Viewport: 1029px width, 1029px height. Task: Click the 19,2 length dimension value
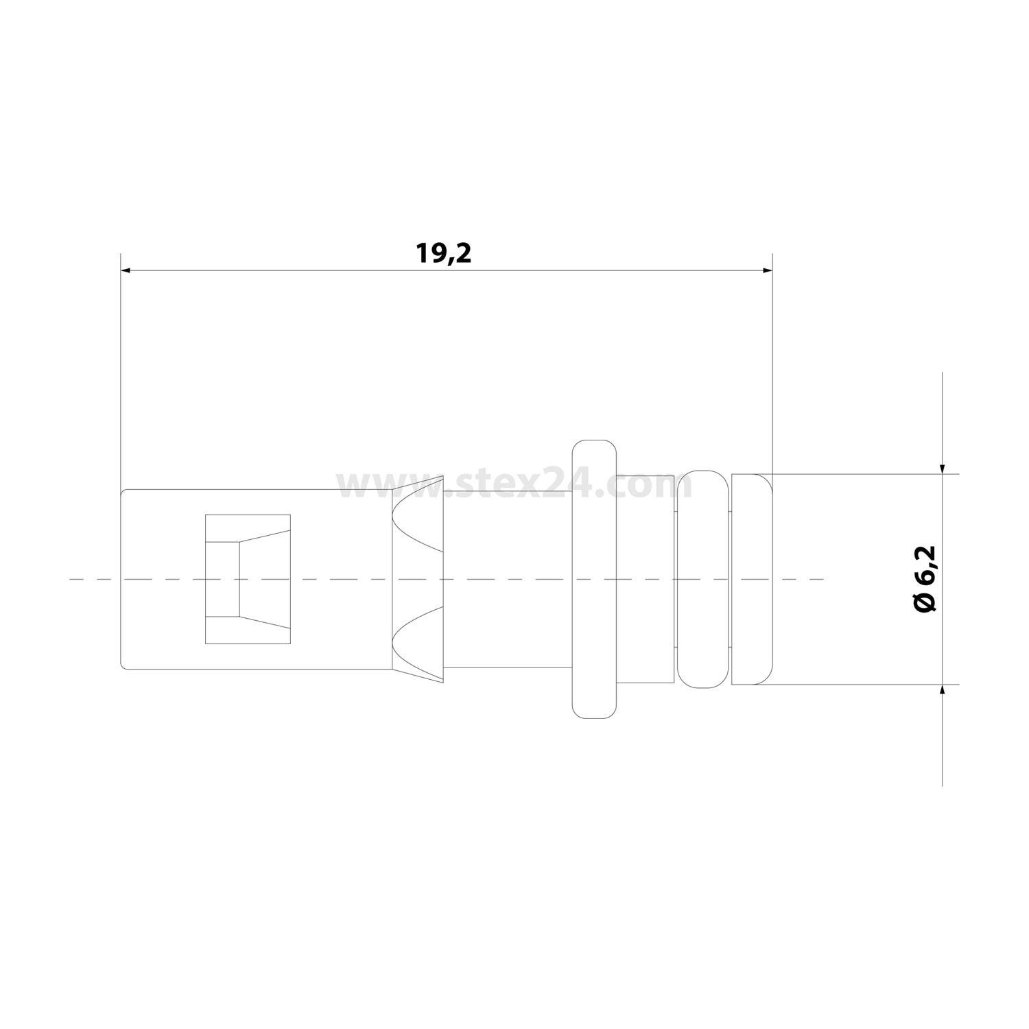(x=444, y=253)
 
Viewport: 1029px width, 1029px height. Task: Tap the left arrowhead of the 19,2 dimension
(x=126, y=270)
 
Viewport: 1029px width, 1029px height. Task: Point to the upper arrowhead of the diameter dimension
(x=943, y=468)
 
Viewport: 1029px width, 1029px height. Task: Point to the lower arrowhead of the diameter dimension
(x=943, y=690)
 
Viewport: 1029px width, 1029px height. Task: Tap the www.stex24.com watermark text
(x=514, y=486)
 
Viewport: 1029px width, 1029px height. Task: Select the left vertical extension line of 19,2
(x=120, y=370)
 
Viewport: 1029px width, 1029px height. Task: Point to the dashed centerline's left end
(x=72, y=580)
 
